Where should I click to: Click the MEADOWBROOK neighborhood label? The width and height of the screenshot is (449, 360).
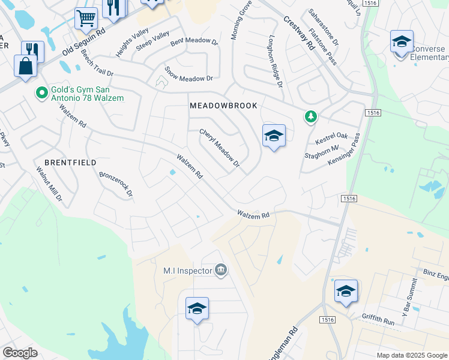pos(223,106)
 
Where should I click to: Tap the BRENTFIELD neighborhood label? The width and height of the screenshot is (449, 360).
pos(70,163)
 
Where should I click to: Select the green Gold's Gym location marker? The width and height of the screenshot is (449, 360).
pos(41,92)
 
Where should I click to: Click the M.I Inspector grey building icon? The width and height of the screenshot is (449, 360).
pos(221,271)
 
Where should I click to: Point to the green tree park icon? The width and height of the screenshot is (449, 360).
pos(310,116)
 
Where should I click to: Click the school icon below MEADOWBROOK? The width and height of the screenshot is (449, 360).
pos(274,136)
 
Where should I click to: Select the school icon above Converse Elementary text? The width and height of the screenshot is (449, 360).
pos(402,41)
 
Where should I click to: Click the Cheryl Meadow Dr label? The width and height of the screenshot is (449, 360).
pos(220,148)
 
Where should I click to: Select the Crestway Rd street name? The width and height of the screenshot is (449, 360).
pos(299,32)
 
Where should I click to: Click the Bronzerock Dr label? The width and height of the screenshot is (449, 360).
pos(115,186)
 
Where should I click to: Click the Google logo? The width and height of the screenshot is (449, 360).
pos(20,353)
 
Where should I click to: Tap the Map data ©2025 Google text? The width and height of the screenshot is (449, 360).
pos(411,355)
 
